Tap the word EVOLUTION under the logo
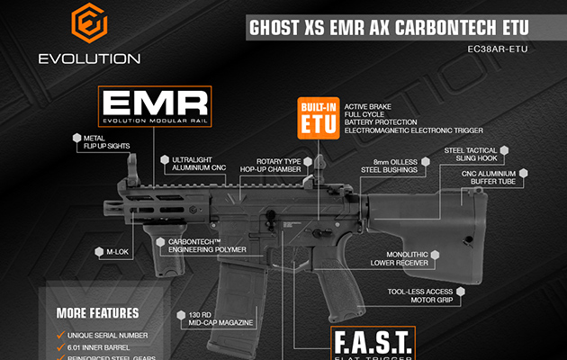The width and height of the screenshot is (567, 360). click(89, 59)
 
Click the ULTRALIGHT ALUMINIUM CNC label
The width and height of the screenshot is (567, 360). click(201, 164)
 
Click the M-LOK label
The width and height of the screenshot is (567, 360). click(114, 253)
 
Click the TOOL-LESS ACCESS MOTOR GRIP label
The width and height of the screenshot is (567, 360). click(418, 297)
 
